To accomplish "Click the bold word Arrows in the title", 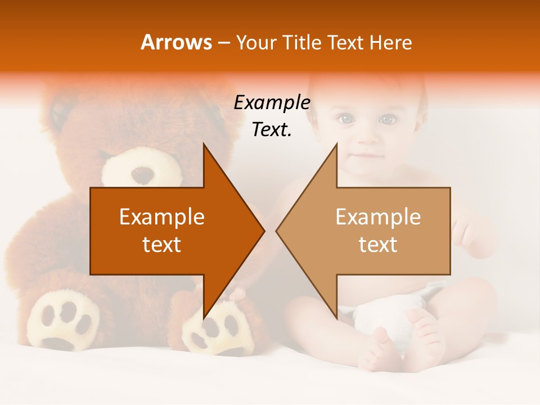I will (176, 42).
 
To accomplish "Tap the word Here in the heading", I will (390, 42).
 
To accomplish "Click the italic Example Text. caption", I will (272, 116).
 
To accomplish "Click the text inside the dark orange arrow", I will (162, 231).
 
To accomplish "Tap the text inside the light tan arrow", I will (378, 231).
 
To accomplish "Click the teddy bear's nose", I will (143, 174).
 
